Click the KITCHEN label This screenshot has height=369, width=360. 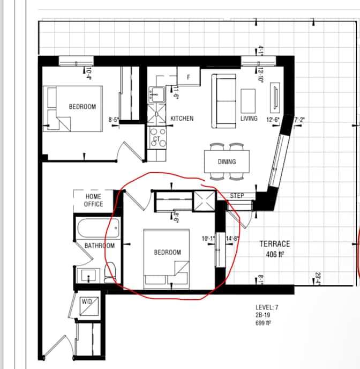[x=182, y=119]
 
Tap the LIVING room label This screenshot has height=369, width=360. [x=249, y=119]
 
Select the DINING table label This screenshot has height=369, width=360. [x=227, y=161]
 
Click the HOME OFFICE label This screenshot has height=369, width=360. [x=93, y=201]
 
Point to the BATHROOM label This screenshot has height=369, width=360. [x=100, y=246]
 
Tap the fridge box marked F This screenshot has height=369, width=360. [x=188, y=77]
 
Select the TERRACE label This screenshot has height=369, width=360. [x=275, y=243]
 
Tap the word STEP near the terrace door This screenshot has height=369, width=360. [x=237, y=196]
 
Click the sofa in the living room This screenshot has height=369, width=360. [x=223, y=101]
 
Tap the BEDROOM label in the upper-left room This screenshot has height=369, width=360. [x=82, y=107]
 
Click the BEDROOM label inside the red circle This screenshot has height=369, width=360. [x=168, y=252]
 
